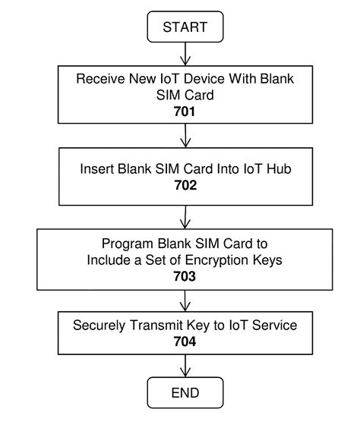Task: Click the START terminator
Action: (x=185, y=28)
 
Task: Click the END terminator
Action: (x=185, y=392)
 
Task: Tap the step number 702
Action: (x=185, y=184)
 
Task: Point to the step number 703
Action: (x=185, y=277)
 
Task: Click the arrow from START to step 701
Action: (x=185, y=53)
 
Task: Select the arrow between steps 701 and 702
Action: (x=185, y=137)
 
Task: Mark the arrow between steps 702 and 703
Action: (x=185, y=216)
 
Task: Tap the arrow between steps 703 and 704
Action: (x=185, y=300)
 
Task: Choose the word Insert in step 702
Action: (x=98, y=169)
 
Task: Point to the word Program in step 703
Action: (x=127, y=244)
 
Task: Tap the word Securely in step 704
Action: (x=98, y=325)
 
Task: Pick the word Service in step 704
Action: (x=275, y=325)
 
